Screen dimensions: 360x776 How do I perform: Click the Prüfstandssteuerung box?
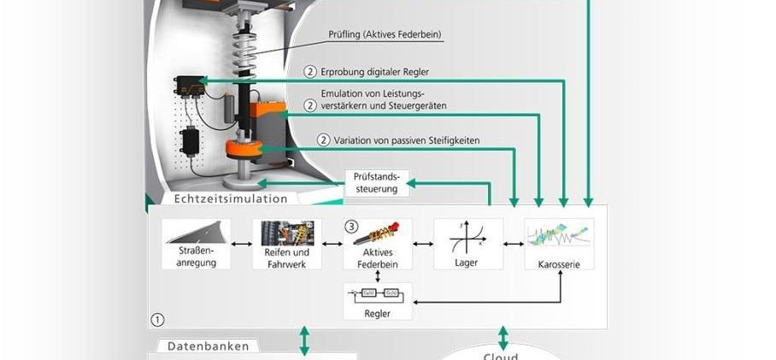377,182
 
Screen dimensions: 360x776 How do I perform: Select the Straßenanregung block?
196,244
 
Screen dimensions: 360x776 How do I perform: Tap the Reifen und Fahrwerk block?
287,244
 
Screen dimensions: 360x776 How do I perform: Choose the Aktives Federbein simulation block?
377,244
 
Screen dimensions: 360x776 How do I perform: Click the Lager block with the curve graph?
467,244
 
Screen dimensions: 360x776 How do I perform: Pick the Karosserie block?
559,244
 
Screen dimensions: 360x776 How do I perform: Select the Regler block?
377,301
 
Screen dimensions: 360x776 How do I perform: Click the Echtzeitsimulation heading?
231,198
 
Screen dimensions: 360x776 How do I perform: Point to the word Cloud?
501,356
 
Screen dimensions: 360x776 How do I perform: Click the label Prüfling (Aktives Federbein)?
385,35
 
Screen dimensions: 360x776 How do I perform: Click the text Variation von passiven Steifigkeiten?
407,139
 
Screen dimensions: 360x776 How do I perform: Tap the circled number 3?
351,227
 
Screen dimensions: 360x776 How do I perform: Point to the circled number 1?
156,319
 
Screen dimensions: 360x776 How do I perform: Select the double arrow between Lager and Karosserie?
514,245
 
